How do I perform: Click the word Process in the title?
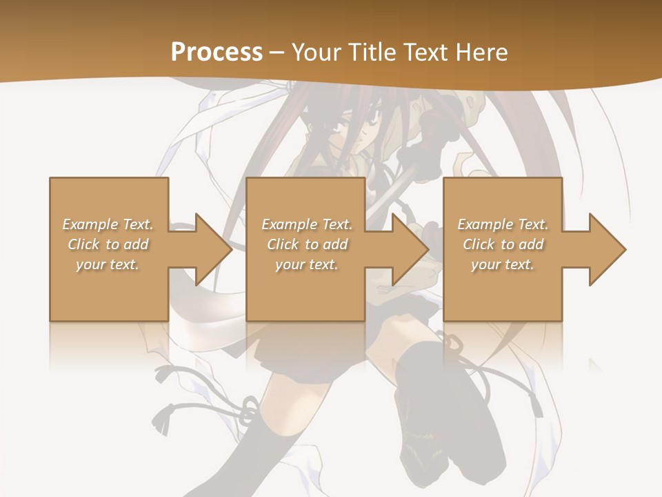(217, 52)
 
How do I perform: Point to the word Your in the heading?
(317, 52)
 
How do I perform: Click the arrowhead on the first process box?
(210, 249)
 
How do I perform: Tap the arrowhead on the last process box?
(604, 249)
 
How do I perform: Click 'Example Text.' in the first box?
(108, 224)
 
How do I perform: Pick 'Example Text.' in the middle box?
(307, 224)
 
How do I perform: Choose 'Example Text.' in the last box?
(503, 224)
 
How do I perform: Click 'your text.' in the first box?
(108, 264)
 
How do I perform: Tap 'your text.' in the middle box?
(306, 264)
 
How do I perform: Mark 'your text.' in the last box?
(502, 264)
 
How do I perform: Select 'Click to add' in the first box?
(108, 244)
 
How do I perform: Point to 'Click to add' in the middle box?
(307, 244)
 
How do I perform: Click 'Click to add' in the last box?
(503, 244)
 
